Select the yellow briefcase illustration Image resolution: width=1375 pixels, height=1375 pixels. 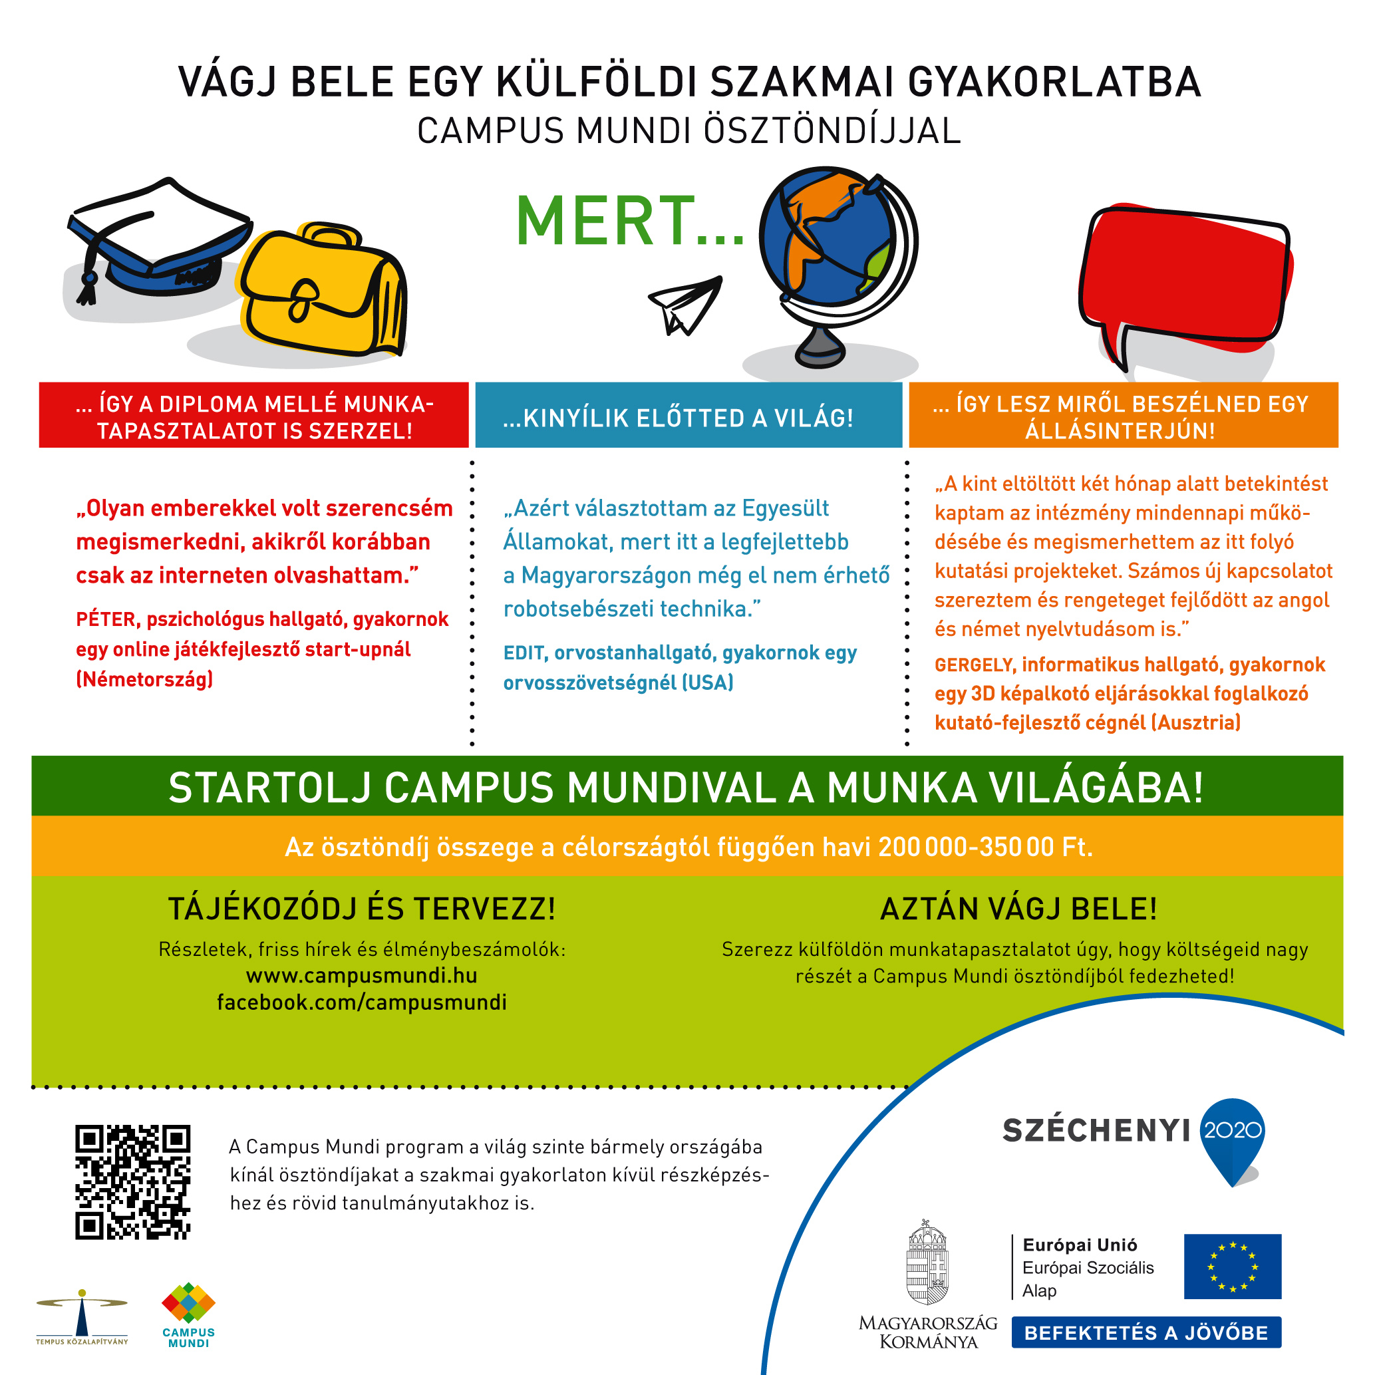pos(324,292)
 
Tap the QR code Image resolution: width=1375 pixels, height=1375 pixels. pos(133,1182)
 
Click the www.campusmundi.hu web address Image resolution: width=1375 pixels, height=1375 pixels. pos(361,976)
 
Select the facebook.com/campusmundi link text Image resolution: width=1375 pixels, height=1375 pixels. pos(361,1002)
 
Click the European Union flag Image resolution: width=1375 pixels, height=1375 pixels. pos(1232,1267)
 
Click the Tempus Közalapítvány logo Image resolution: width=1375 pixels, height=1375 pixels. pos(82,1316)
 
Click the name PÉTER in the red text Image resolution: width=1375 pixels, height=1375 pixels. pos(105,620)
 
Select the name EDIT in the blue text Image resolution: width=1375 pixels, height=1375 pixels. pos(524,653)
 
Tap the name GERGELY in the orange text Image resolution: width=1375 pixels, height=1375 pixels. pos(974,665)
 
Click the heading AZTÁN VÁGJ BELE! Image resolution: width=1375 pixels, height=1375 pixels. pos(1018,909)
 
